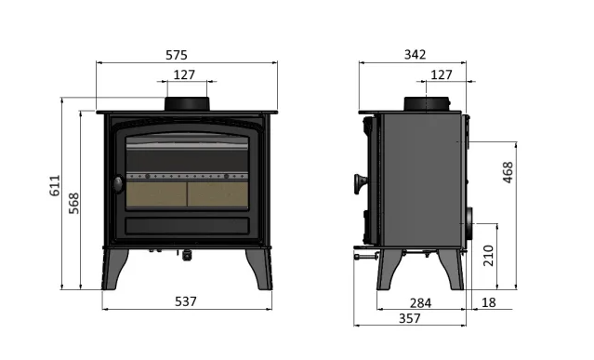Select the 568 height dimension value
point(74,203)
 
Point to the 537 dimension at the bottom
point(187,301)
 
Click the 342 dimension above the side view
point(416,54)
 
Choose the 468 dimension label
point(507,173)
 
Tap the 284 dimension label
point(421,301)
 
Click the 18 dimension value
point(489,301)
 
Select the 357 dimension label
point(410,318)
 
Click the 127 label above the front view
point(184,74)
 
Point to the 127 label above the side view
point(442,74)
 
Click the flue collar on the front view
point(187,102)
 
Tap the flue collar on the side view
point(429,102)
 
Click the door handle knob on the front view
point(115,184)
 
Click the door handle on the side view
point(358,184)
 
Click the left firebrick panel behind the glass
point(156,193)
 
